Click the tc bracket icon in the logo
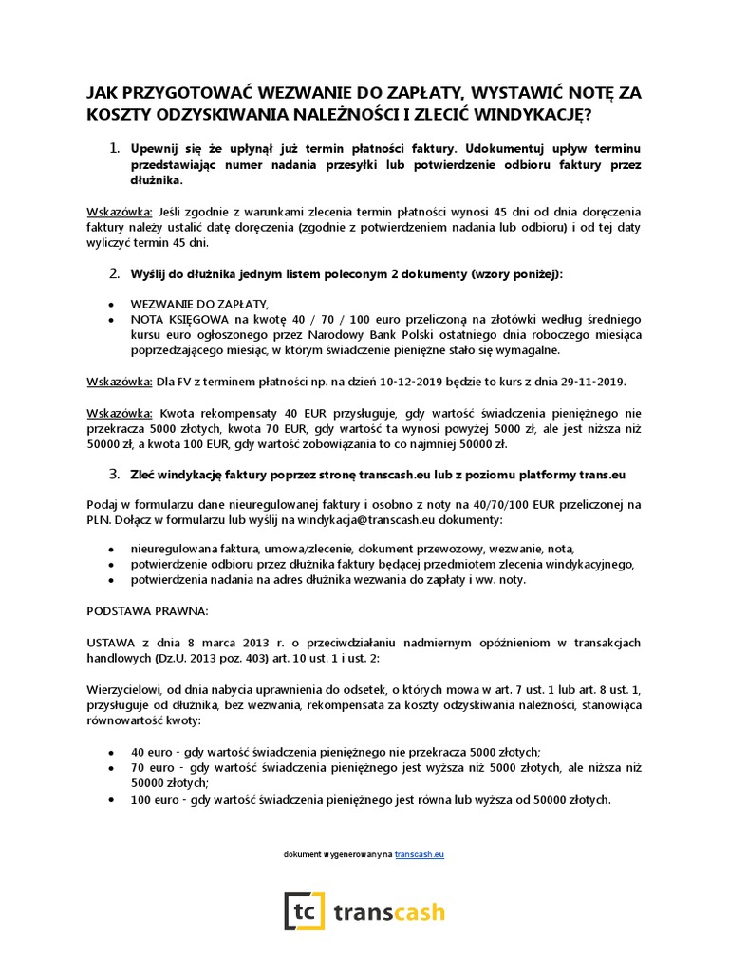304,911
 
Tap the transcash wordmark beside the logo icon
390,912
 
